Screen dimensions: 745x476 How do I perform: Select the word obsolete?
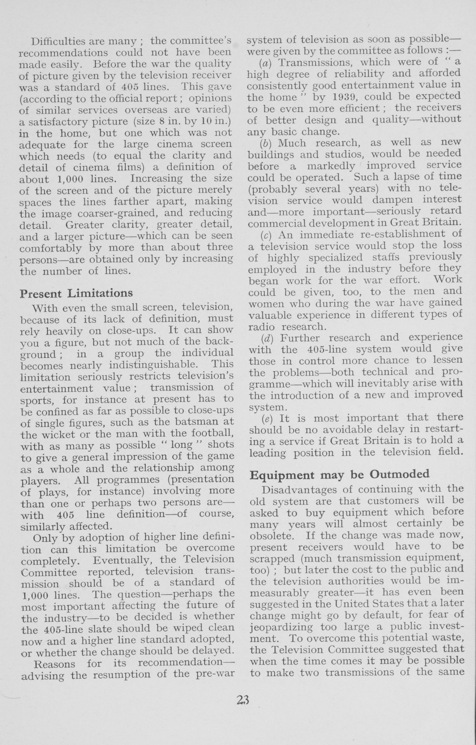point(268,535)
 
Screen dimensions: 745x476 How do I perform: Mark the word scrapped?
point(270,558)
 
